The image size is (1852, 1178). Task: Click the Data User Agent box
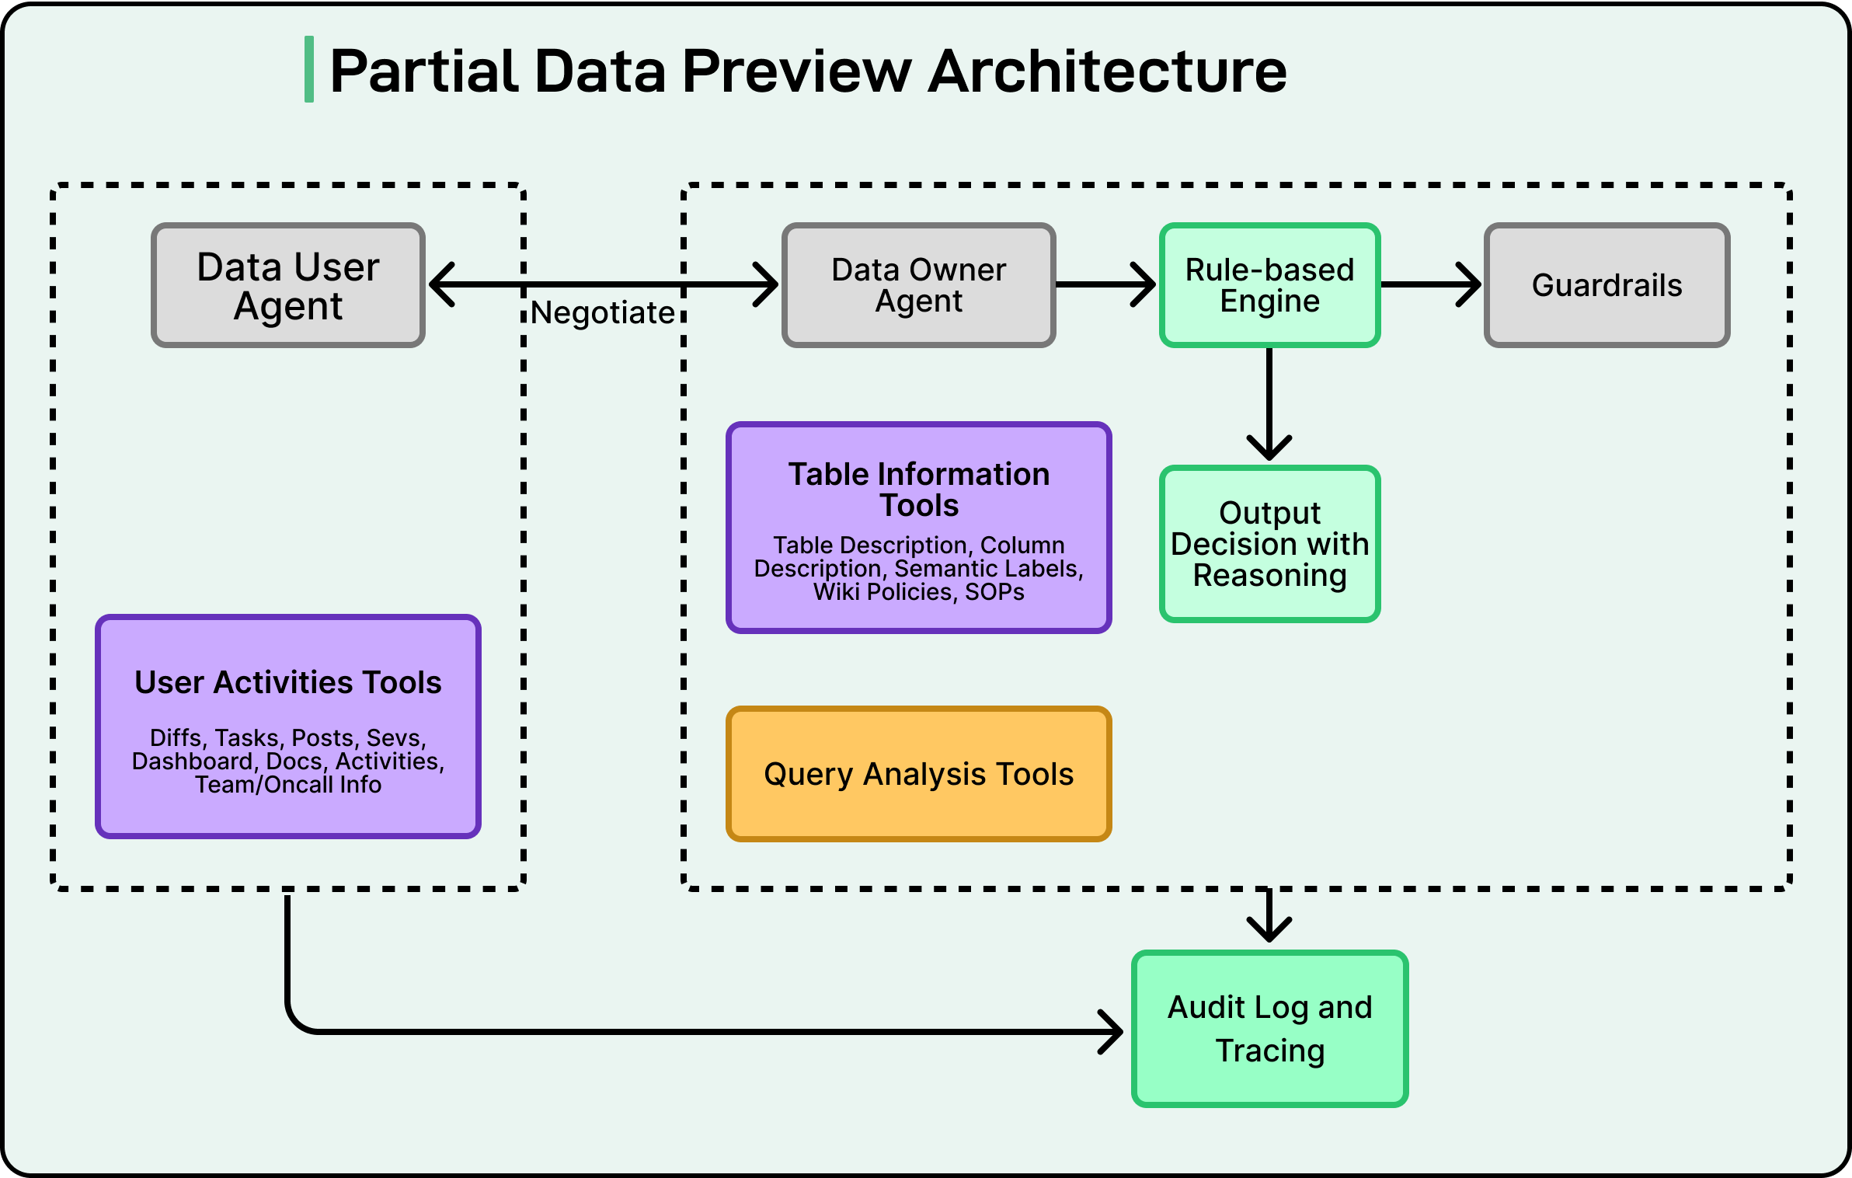tap(288, 285)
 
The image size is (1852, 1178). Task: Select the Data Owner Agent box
tap(918, 285)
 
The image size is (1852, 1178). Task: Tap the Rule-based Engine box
tap(1269, 285)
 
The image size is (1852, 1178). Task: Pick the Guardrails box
tap(1607, 285)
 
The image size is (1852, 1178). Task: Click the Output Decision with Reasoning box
tap(1269, 544)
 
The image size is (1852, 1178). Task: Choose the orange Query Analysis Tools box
tap(918, 774)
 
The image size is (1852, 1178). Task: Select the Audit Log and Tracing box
tap(1269, 1028)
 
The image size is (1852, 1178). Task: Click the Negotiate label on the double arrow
tap(603, 313)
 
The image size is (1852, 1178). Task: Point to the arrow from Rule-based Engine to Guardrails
tap(1431, 285)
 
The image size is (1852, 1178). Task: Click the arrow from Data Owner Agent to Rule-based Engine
tap(1105, 285)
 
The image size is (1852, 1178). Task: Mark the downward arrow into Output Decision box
tap(1269, 404)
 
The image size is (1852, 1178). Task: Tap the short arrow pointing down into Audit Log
tap(1269, 917)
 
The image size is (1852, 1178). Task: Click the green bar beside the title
tap(309, 69)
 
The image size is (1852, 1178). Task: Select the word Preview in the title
tap(796, 71)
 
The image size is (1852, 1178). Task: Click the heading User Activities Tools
tap(288, 682)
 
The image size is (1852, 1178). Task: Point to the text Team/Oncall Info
tap(288, 785)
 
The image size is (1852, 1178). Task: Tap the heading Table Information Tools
tap(918, 490)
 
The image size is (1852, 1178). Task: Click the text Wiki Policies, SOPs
tap(918, 592)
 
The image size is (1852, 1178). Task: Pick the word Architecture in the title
tap(1108, 71)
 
